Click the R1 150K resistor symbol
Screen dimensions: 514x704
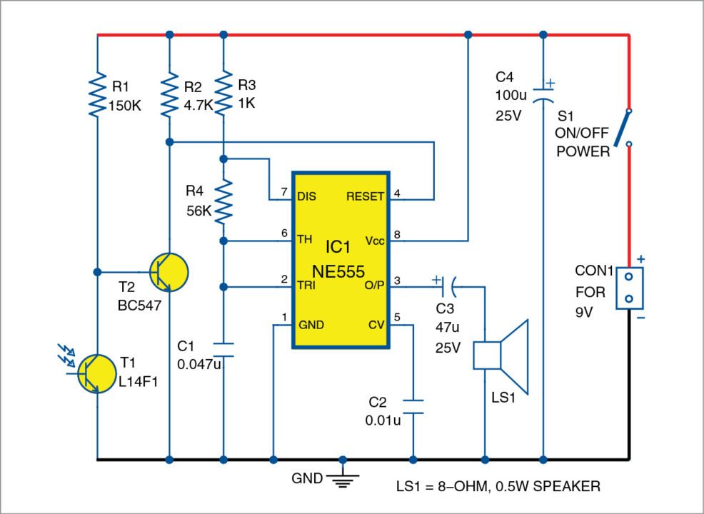tap(96, 96)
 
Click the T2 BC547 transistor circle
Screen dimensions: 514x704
tap(170, 272)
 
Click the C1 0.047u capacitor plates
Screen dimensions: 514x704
tap(223, 349)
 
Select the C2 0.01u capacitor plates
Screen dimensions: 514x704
tap(413, 406)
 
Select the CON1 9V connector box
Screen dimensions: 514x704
tap(629, 287)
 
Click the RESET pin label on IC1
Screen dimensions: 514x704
tap(365, 196)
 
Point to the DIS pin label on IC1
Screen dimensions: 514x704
tap(306, 196)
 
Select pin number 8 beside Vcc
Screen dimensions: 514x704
tap(398, 233)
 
